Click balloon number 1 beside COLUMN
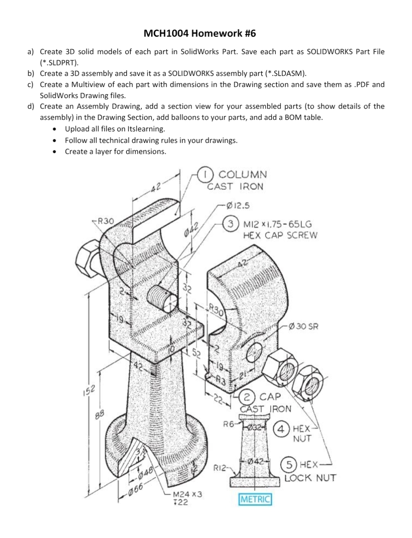(207, 174)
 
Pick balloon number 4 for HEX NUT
(281, 428)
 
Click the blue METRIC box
(255, 499)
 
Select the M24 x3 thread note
(187, 494)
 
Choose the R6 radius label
(229, 424)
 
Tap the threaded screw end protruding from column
(161, 298)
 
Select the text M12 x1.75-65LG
(277, 224)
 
